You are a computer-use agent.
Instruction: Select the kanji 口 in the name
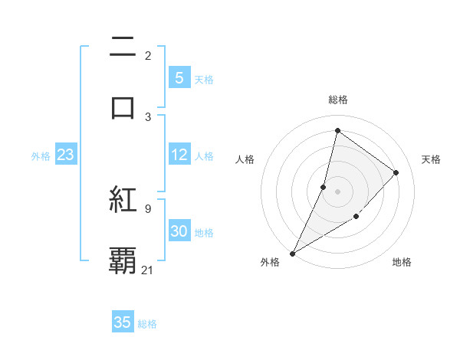[123, 106]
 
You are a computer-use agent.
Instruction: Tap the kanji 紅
[123, 200]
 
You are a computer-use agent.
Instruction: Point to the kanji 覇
[123, 260]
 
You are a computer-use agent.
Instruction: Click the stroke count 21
[148, 270]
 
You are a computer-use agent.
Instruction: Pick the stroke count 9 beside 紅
[148, 208]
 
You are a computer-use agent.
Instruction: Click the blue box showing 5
[179, 77]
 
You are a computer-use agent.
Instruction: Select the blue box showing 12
[179, 155]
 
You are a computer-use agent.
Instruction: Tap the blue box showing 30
[179, 231]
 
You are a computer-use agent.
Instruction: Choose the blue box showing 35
[123, 322]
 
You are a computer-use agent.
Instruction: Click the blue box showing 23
[65, 155]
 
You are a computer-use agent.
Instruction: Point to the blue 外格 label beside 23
[41, 156]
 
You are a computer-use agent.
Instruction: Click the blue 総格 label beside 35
[147, 323]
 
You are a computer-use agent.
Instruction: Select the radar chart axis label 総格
[337, 100]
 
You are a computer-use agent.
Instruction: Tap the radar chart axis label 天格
[431, 159]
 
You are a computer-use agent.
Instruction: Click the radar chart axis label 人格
[245, 159]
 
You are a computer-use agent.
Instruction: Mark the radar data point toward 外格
[292, 253]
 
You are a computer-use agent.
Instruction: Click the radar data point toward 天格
[396, 172]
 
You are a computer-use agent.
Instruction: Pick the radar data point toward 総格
[337, 131]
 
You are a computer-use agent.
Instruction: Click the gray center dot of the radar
[337, 191]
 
